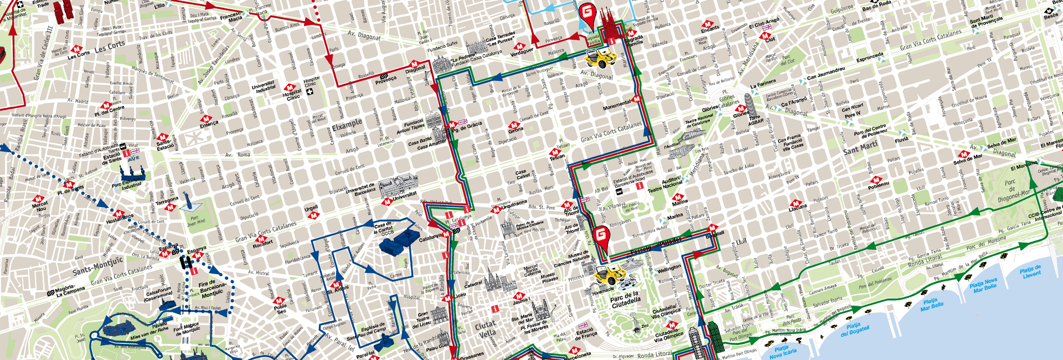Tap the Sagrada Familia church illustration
point(609,25)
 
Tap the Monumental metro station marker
point(637,99)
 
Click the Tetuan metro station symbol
point(554,152)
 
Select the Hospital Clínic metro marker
point(290,88)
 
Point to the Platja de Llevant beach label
point(1030,271)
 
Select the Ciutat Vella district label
point(487,330)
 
